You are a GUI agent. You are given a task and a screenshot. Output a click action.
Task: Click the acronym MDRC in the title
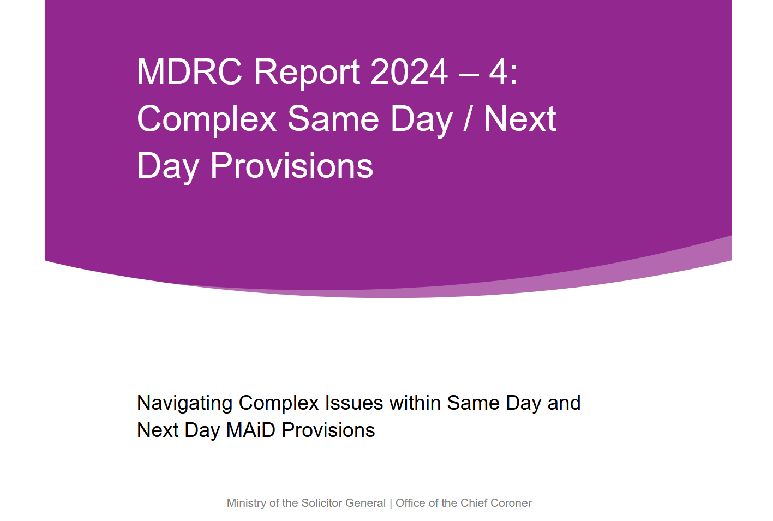[189, 72]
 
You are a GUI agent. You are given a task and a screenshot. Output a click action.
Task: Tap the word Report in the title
[307, 74]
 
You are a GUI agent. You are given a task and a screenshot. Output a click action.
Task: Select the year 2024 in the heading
[409, 72]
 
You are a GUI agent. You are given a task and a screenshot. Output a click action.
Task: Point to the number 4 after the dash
[498, 72]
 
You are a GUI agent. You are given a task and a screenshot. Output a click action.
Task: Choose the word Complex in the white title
[207, 120]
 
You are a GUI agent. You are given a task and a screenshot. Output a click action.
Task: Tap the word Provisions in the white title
[292, 166]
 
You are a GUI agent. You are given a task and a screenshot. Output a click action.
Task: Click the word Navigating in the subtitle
[184, 404]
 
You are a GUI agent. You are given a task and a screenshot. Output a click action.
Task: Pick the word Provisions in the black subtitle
[328, 430]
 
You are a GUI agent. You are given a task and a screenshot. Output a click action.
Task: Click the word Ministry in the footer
[247, 504]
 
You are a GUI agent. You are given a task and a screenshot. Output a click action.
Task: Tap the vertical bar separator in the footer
[391, 504]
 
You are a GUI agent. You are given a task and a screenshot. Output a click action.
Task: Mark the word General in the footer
[365, 503]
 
